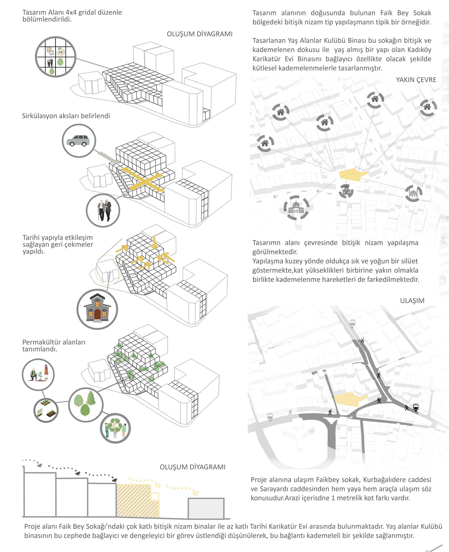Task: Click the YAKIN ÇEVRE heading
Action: (416, 80)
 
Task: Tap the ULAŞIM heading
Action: (412, 300)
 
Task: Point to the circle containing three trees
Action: (86, 405)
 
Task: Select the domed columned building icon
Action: (296, 208)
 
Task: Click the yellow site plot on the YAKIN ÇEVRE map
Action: (353, 174)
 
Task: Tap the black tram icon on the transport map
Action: (416, 407)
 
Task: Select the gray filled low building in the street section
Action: (206, 508)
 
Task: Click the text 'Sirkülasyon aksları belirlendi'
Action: (66, 116)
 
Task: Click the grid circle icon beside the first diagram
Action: (56, 57)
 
